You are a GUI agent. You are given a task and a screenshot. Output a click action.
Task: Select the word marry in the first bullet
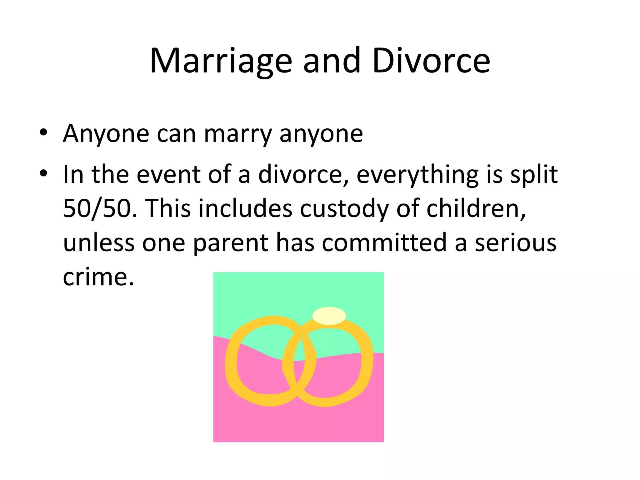pos(238,134)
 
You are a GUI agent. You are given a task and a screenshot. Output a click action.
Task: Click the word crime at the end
pos(98,277)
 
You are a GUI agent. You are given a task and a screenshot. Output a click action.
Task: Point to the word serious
pos(515,243)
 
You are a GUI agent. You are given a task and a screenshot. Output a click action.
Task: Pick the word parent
pos(231,243)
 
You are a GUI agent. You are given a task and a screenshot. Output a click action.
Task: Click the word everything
pos(417,174)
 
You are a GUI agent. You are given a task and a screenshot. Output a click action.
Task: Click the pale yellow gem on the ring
pos(329,316)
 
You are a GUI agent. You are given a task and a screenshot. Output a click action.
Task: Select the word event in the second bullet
pos(168,174)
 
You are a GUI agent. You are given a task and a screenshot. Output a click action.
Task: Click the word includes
pos(245,208)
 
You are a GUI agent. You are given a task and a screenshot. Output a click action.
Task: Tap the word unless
pos(99,243)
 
